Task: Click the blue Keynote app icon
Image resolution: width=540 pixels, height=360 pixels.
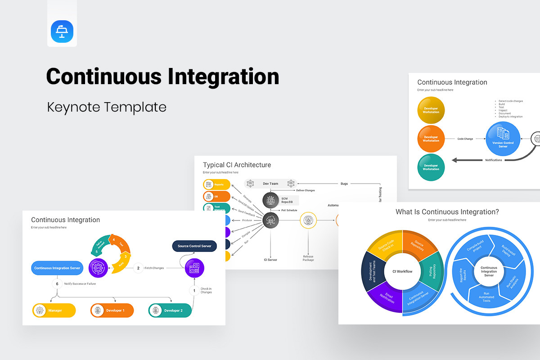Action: tap(62, 31)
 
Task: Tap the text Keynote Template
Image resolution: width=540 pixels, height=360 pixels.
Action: tap(107, 107)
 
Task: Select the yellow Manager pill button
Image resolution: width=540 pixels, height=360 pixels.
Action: tap(54, 310)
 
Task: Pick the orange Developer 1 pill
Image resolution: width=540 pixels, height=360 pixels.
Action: tap(112, 310)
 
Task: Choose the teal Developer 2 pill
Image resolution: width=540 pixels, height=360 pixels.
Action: tap(170, 310)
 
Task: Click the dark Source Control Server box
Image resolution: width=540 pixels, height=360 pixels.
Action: tap(195, 246)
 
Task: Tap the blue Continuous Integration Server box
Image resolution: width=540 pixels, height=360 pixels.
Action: tap(57, 268)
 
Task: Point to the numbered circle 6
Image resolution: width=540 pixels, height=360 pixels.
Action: tap(57, 284)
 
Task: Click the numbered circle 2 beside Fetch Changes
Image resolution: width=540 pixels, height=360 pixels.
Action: tap(138, 268)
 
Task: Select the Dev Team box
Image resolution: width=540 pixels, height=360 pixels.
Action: tap(270, 184)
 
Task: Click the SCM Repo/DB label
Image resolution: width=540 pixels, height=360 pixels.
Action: tap(288, 200)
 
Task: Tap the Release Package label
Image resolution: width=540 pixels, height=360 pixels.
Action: tap(308, 258)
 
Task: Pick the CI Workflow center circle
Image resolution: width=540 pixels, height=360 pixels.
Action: tap(402, 271)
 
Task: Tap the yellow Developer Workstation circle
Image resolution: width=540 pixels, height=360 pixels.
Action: tap(431, 110)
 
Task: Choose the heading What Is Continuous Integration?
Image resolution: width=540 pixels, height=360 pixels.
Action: tap(447, 212)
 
